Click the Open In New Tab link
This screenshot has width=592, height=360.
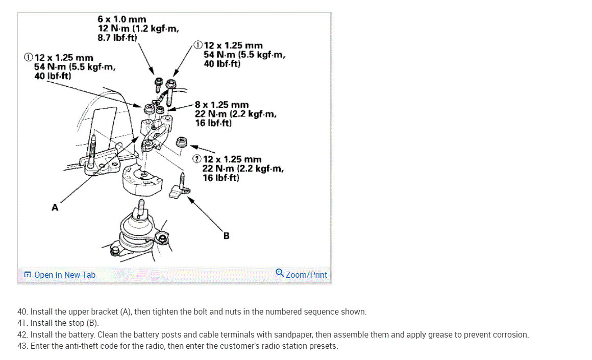pos(65,275)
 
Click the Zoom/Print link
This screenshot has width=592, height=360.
pos(306,275)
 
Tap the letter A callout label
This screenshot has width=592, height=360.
pos(55,207)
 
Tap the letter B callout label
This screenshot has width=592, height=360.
pos(226,236)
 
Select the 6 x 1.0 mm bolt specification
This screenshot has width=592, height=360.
pos(122,19)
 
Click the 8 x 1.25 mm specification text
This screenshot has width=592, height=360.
pos(221,105)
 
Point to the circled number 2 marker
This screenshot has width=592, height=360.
pos(197,159)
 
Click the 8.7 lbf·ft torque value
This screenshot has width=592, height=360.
pos(117,38)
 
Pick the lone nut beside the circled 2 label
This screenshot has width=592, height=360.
pos(181,141)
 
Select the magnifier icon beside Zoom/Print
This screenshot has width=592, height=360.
pos(280,273)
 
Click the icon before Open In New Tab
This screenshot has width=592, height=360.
pos(28,275)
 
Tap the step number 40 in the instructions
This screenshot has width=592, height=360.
pos(22,311)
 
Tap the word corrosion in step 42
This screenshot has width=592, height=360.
pos(511,335)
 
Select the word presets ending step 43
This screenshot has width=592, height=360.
pos(324,346)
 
